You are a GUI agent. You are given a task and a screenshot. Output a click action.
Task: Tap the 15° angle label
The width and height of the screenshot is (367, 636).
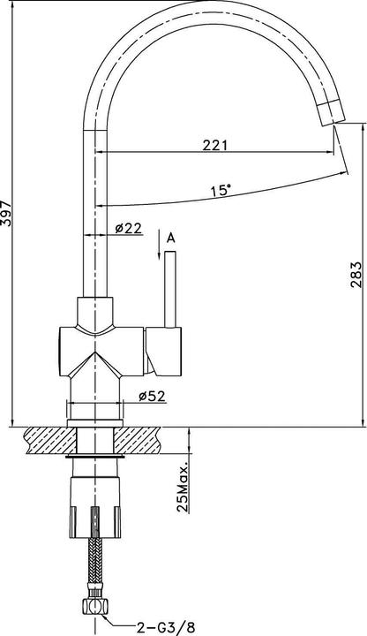pyautogui.click(x=221, y=190)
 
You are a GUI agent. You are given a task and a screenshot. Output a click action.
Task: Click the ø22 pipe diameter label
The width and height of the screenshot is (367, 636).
pyautogui.click(x=129, y=229)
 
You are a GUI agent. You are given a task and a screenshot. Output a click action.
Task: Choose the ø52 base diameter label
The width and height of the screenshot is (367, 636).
pyautogui.click(x=153, y=395)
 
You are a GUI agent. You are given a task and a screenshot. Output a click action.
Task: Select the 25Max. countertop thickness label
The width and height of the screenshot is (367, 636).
pyautogui.click(x=183, y=485)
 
